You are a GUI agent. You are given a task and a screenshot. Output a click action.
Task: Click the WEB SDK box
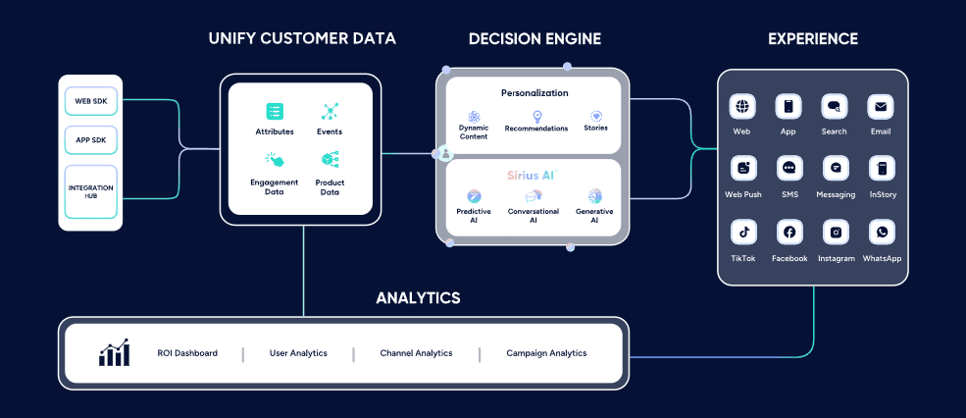[90, 101]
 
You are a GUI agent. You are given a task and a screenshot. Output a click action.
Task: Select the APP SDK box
[90, 139]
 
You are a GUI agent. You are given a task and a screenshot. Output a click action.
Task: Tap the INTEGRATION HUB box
[90, 191]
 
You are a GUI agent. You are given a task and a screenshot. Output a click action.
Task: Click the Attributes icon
[275, 112]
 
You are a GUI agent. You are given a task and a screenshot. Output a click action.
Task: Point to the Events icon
[330, 112]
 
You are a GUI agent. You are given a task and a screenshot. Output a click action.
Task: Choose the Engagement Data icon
[275, 160]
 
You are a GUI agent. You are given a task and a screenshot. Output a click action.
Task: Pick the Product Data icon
[330, 160]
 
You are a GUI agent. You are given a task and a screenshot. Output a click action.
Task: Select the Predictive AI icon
[474, 196]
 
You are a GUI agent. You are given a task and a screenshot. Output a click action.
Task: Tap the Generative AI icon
[594, 196]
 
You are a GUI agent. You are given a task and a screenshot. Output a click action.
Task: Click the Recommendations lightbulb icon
[536, 116]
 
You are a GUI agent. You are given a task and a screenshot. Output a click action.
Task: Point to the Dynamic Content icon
[474, 116]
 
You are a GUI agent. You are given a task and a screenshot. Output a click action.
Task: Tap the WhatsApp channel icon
[882, 233]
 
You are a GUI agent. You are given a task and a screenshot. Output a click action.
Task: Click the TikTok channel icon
[742, 233]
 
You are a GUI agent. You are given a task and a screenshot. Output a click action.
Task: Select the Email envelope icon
[882, 107]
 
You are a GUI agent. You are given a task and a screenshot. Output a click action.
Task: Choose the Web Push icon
[742, 169]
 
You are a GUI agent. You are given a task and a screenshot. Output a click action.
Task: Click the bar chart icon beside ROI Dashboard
[114, 353]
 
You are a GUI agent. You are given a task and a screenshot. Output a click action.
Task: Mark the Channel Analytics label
[416, 353]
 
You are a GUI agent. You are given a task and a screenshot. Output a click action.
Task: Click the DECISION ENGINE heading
[534, 39]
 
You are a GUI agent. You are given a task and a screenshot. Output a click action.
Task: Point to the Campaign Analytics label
[546, 353]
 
